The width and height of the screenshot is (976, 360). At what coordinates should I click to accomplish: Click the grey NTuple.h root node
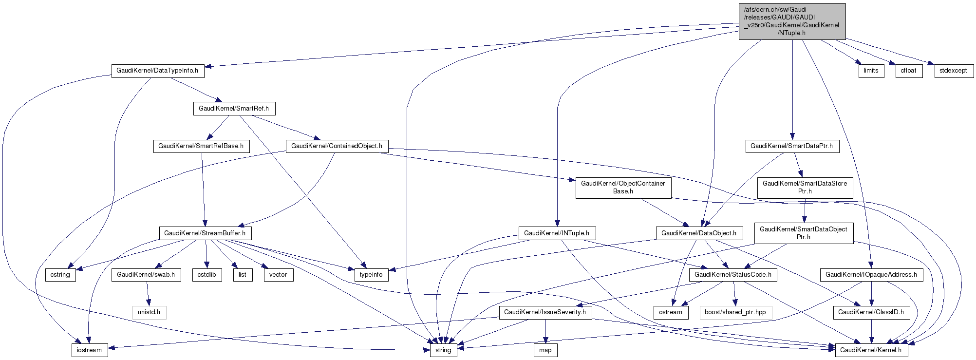[792, 21]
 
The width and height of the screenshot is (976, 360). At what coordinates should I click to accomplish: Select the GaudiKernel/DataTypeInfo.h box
[158, 71]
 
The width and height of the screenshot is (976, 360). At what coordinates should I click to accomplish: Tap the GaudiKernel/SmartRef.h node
[234, 108]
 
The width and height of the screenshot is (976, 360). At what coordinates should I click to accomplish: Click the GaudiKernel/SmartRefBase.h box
[202, 146]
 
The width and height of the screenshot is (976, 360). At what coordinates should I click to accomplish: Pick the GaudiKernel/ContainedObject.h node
[337, 146]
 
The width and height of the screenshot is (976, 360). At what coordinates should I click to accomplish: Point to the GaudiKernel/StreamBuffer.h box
[205, 233]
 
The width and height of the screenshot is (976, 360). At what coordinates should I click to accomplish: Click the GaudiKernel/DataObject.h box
[699, 233]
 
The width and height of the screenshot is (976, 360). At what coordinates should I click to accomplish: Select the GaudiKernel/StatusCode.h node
[733, 275]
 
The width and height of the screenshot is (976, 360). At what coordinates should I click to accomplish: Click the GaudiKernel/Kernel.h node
[871, 350]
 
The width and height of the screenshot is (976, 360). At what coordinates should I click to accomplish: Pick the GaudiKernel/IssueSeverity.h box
[545, 312]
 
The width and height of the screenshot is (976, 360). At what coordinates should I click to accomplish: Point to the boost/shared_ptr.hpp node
[735, 312]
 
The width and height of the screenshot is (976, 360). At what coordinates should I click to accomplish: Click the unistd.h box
[149, 312]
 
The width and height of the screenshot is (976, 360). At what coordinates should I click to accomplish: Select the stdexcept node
[954, 71]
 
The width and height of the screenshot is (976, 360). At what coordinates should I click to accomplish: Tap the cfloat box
[909, 71]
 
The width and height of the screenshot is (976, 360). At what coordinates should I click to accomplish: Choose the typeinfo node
[371, 275]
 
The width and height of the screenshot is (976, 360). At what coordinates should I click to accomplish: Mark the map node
[545, 350]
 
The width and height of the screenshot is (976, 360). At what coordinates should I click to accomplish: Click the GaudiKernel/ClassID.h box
[871, 312]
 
